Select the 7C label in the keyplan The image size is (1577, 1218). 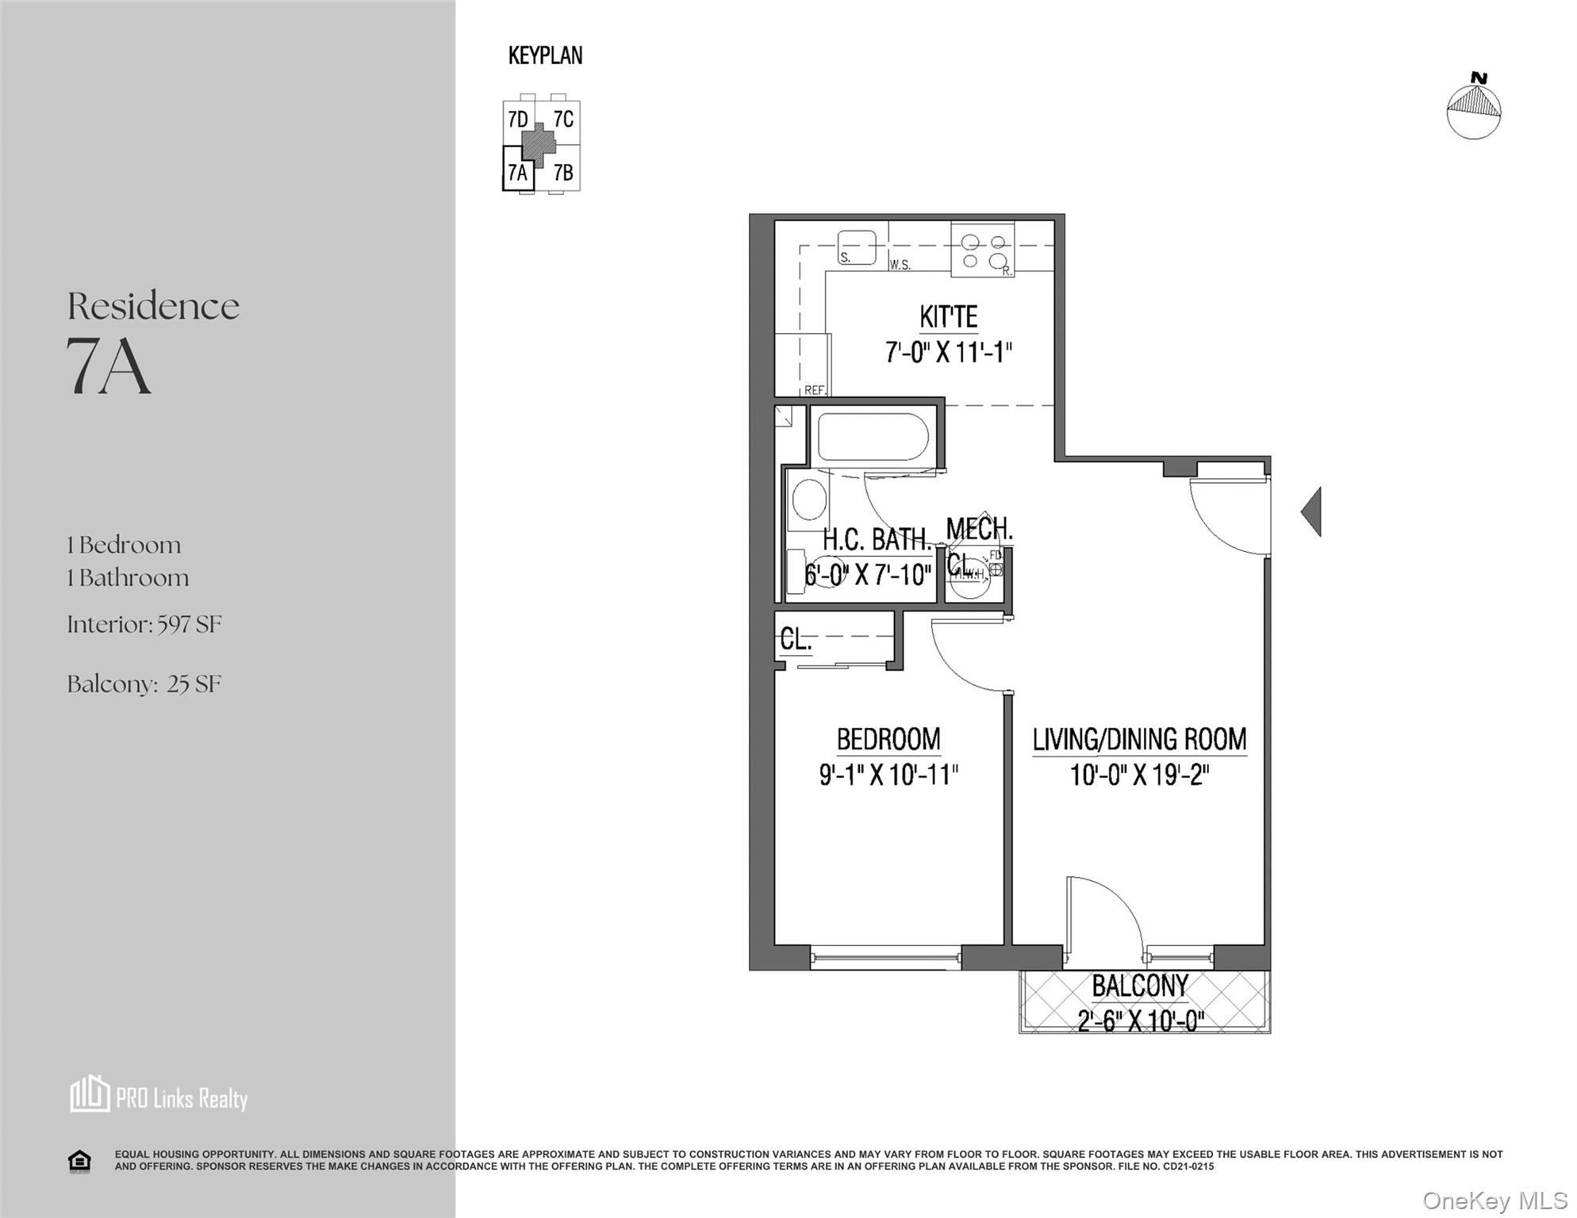coord(563,119)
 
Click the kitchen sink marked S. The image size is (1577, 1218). coord(858,247)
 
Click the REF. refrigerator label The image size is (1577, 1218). coord(815,390)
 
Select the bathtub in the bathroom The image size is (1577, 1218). coord(873,438)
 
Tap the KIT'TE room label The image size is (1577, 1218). coord(948,317)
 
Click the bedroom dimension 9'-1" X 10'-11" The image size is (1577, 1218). coord(888,775)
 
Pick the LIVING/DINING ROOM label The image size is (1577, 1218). coord(1139,739)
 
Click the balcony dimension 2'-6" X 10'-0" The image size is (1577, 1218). coord(1141,1021)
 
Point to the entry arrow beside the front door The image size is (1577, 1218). coord(1312,511)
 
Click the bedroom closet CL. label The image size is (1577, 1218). coord(796,638)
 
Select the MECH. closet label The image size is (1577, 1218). coord(980,529)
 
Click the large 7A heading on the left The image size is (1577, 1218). coord(109,366)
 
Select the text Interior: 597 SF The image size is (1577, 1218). coord(144,624)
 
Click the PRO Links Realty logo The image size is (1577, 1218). coord(159,1096)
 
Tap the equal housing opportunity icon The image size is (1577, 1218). coord(79,1162)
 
